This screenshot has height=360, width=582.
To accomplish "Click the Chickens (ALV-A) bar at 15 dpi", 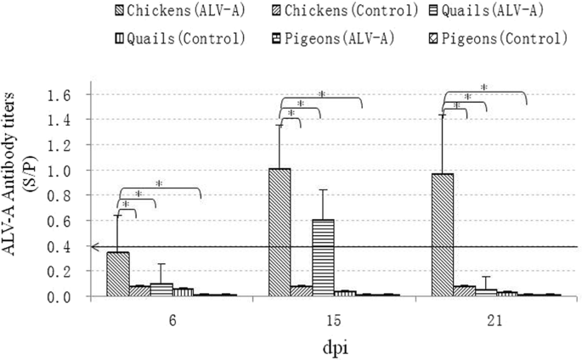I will pos(279,233).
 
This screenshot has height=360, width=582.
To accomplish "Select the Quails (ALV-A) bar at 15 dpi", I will pos(323,258).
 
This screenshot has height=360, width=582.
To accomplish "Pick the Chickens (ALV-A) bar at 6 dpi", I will pos(117,274).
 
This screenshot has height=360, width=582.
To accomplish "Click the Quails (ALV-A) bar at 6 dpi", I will pos(161,290).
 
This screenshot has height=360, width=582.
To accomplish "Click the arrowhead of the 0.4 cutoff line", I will pos(96,246).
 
